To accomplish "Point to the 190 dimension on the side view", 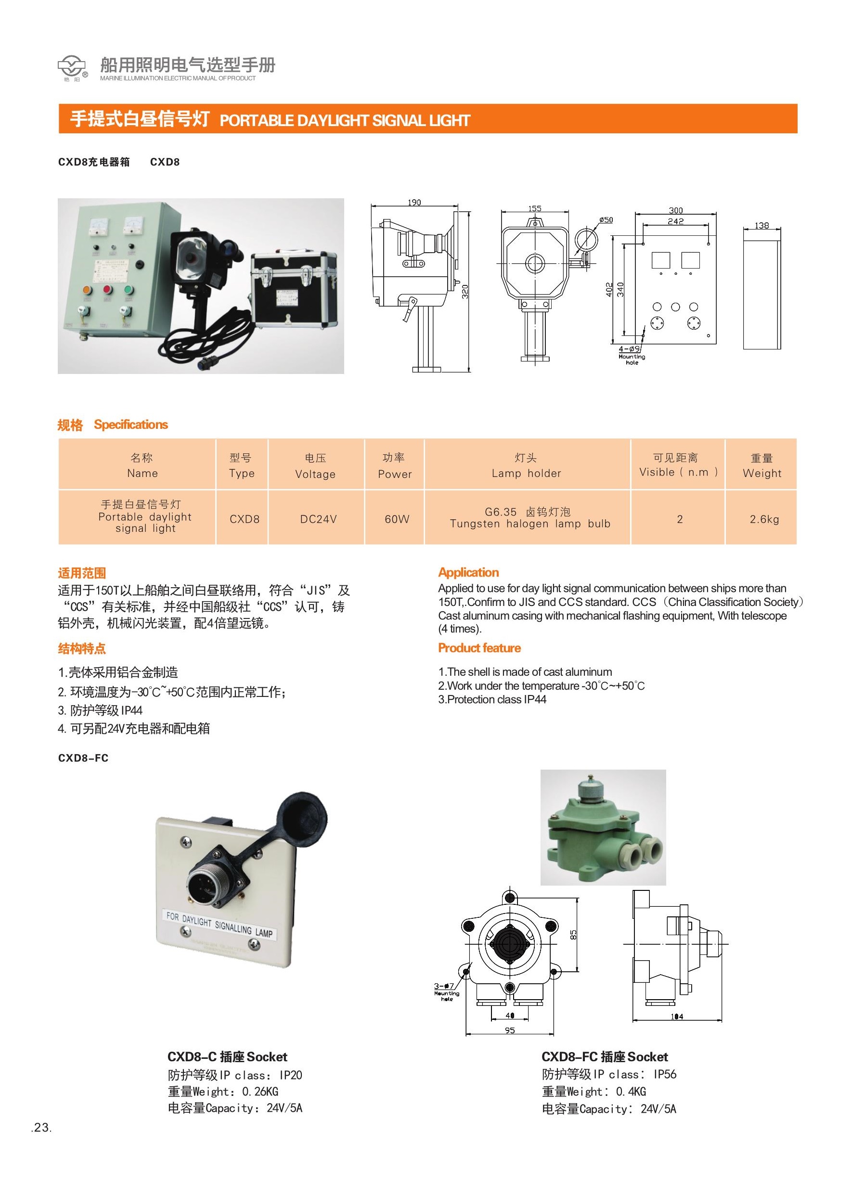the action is pos(414,203).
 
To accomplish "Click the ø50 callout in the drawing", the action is pos(606,220).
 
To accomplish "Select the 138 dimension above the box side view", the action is pos(762,225).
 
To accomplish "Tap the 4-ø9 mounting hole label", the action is pos(630,348).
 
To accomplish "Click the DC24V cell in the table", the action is pos(318,519).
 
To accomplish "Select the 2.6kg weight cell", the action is pos(764,519).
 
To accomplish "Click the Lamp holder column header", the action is pos(526,465).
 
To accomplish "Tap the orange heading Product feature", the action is pos(479,648).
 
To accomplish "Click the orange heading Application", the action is pos(469,572).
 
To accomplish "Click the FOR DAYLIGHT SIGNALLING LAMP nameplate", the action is pos(220,925).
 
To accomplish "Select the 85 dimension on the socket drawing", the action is pos(574,933).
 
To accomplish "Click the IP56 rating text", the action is pos(665,1074).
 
